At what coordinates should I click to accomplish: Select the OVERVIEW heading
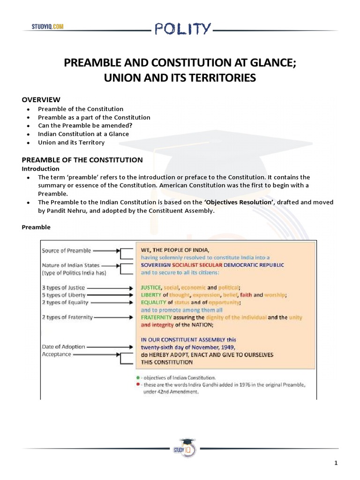click(x=41, y=99)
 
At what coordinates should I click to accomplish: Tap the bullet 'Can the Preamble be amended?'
click(x=85, y=126)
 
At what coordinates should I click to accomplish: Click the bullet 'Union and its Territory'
click(x=71, y=142)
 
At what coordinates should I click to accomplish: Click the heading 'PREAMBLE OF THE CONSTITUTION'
click(x=82, y=160)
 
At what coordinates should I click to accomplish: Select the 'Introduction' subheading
click(x=41, y=169)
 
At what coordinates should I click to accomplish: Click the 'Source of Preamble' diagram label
click(x=66, y=251)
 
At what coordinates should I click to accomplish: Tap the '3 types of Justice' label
click(x=63, y=287)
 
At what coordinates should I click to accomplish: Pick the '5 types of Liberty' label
click(x=63, y=295)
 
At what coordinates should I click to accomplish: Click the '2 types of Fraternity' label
click(x=67, y=317)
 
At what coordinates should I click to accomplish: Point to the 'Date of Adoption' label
click(x=63, y=347)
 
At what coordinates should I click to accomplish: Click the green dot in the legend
click(x=136, y=377)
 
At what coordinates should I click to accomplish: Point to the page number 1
click(x=336, y=464)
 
